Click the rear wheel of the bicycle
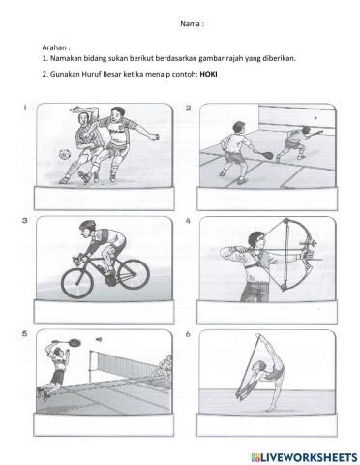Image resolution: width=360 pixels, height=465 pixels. click(76, 282)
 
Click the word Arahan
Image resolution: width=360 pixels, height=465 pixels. click(57, 46)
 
